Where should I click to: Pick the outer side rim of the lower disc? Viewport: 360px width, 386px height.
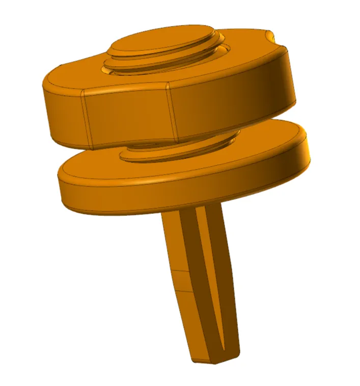[153, 196]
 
